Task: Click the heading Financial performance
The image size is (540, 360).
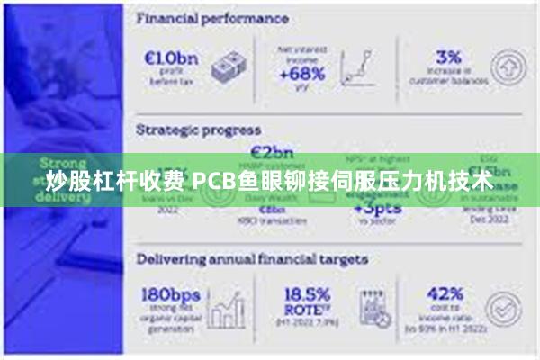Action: pos(212,18)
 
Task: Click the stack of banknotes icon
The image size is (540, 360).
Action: pos(230,67)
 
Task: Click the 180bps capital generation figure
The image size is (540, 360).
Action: pos(172,294)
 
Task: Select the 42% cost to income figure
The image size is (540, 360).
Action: pos(445,293)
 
